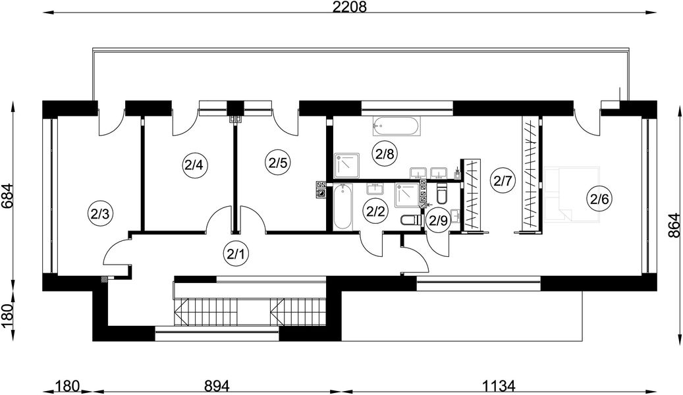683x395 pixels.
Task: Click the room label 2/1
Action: pos(236,253)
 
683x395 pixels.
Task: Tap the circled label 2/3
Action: pos(101,213)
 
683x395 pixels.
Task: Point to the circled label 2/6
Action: pos(599,199)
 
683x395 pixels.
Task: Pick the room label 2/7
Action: pos(503,180)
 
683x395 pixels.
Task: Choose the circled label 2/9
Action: pos(438,221)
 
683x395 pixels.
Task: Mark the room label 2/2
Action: pos(375,211)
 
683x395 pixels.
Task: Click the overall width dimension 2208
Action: pos(350,7)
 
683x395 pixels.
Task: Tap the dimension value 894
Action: pos(217,386)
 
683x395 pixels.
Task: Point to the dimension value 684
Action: pos(7,197)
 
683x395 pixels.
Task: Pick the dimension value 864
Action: pos(674,224)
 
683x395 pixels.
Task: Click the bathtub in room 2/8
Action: pos(396,127)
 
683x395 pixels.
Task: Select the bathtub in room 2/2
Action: pos(342,207)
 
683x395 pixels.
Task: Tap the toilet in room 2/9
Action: pos(442,195)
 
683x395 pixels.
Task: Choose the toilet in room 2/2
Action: pos(411,221)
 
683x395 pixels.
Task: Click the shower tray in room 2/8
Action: pos(346,165)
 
